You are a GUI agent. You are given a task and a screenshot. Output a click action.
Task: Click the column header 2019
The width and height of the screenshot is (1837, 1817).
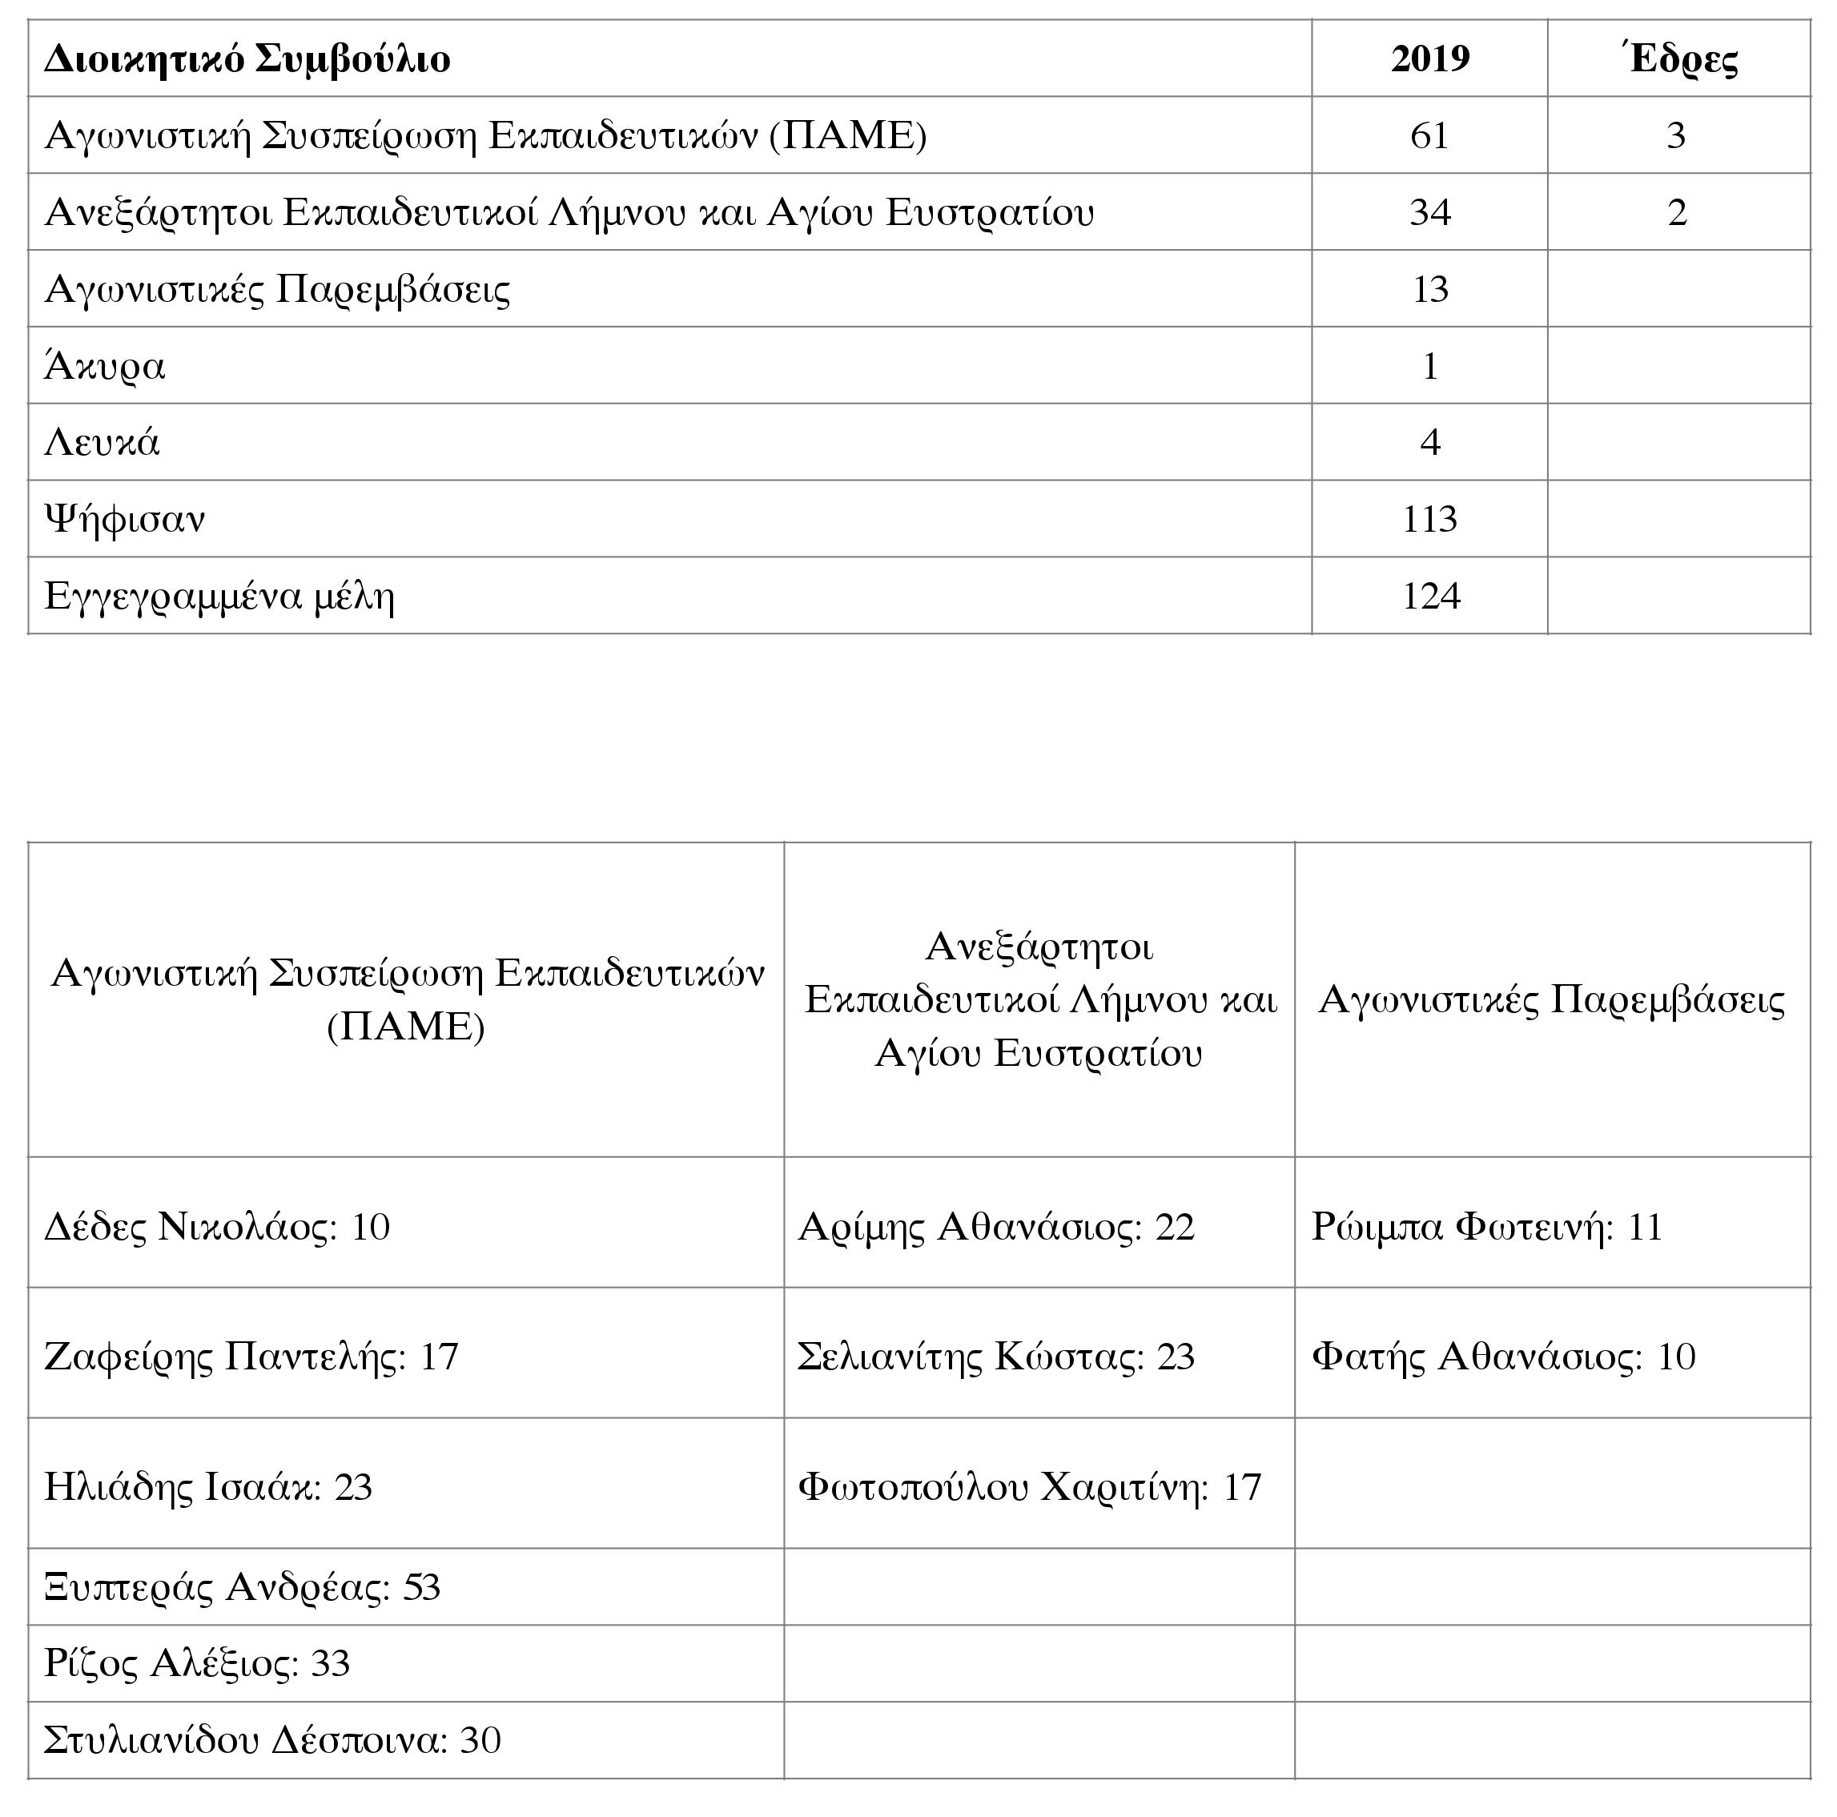pyautogui.click(x=1429, y=59)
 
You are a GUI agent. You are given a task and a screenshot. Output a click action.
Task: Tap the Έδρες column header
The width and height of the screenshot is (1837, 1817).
pyautogui.click(x=1678, y=59)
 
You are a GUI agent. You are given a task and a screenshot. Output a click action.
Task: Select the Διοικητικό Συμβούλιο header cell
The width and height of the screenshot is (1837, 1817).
pyautogui.click(x=247, y=59)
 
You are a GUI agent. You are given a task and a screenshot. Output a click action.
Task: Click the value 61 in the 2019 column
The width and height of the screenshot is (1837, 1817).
pyautogui.click(x=1429, y=136)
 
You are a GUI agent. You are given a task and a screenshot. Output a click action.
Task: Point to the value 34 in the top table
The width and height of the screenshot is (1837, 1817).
pyautogui.click(x=1429, y=212)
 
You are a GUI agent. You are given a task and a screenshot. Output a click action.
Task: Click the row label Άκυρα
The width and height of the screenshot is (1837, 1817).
pyautogui.click(x=105, y=366)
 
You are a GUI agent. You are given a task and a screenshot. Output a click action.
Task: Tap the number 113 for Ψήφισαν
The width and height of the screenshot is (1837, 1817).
pyautogui.click(x=1429, y=519)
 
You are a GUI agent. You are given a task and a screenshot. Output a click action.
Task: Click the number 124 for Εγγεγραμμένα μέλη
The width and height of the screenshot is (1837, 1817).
pyautogui.click(x=1430, y=596)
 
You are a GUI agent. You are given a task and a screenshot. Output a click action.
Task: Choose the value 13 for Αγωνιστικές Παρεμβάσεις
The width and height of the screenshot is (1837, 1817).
pyautogui.click(x=1429, y=289)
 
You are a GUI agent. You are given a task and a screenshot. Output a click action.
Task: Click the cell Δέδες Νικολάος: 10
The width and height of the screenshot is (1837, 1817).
pyautogui.click(x=217, y=1227)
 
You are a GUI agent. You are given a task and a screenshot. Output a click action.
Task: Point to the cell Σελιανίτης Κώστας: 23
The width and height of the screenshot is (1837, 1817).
pyautogui.click(x=995, y=1357)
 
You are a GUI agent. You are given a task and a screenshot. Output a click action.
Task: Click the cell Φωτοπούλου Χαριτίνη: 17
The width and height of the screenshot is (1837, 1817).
pyautogui.click(x=1029, y=1487)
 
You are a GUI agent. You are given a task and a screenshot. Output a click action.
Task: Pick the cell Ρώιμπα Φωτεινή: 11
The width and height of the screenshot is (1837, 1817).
pyautogui.click(x=1487, y=1227)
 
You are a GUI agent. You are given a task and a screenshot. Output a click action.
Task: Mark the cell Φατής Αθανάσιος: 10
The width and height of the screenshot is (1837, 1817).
pyautogui.click(x=1503, y=1357)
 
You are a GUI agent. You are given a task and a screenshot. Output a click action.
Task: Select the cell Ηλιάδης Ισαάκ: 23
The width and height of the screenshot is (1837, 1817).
pyautogui.click(x=208, y=1487)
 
